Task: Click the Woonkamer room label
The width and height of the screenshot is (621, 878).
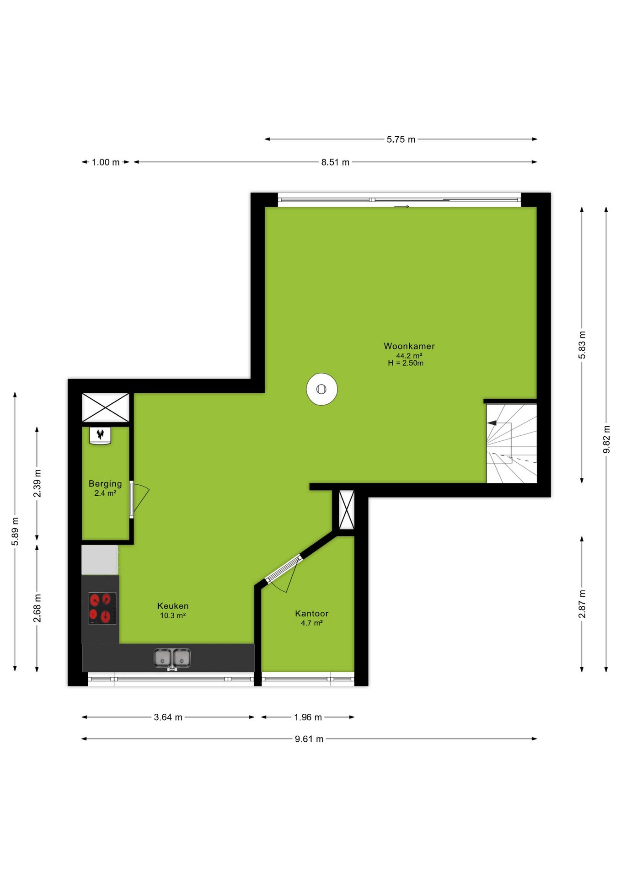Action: click(409, 346)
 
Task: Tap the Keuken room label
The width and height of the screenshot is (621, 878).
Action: click(173, 606)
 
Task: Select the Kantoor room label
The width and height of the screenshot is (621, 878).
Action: click(312, 614)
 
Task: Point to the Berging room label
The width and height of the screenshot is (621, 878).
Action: click(105, 484)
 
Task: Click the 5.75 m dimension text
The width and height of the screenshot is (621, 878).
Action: click(401, 139)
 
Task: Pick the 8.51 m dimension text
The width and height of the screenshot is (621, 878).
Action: click(335, 162)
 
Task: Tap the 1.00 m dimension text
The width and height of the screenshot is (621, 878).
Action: click(106, 162)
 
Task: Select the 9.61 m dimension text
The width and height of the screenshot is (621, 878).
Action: click(309, 739)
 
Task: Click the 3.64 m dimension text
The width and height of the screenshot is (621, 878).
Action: click(168, 717)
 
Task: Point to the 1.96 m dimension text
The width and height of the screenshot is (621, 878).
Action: click(308, 717)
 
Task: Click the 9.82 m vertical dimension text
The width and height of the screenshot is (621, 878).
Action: click(607, 439)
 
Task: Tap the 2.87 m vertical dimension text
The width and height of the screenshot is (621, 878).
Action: click(582, 604)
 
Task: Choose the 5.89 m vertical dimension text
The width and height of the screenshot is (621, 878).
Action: click(15, 531)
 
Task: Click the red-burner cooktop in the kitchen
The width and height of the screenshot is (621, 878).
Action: click(102, 608)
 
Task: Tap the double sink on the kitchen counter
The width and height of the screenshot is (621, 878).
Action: click(172, 658)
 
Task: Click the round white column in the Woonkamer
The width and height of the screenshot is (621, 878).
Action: click(322, 389)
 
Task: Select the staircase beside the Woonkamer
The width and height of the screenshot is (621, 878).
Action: click(511, 444)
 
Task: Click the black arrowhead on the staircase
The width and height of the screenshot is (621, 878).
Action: click(492, 423)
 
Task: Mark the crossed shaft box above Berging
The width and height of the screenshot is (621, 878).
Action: click(105, 407)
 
